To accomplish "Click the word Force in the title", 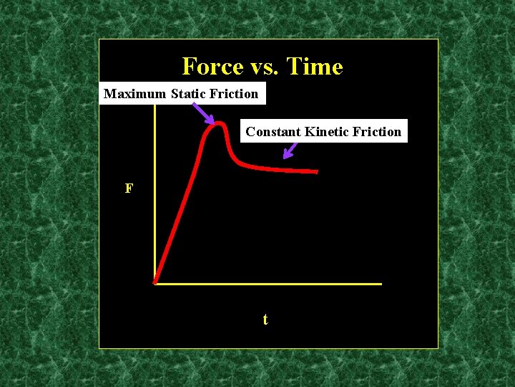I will tap(212, 67).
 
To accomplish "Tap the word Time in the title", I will tap(314, 67).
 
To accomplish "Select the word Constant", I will tap(273, 132).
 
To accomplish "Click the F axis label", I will tap(129, 188).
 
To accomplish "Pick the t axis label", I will tap(265, 320).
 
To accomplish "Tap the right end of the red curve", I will tap(316, 172).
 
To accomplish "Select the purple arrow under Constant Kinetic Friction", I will tap(290, 150).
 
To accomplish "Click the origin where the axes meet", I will tap(155, 283).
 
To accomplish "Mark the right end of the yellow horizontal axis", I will tap(381, 284).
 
